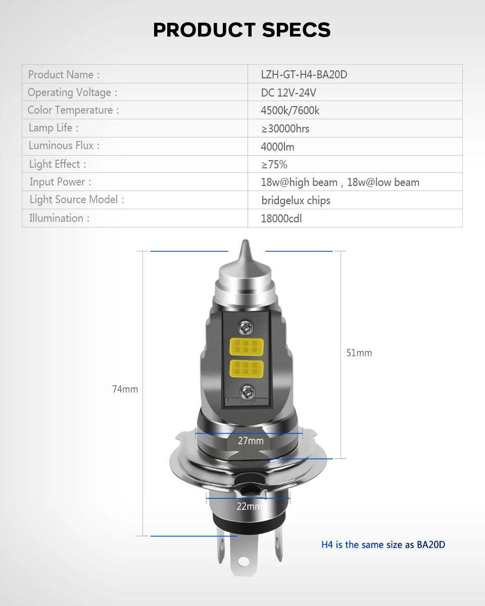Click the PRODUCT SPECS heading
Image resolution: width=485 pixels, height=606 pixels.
tap(242, 30)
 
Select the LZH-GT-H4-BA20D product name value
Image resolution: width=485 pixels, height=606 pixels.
tap(304, 74)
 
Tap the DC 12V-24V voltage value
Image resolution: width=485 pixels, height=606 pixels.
tap(288, 93)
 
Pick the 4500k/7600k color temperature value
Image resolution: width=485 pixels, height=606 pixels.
tap(290, 111)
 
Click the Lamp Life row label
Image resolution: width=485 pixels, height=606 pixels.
tap(54, 127)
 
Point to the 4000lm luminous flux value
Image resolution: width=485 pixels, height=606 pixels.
tap(277, 147)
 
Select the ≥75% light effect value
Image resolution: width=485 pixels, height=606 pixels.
tap(274, 165)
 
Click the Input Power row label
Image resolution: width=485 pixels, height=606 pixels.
tap(60, 182)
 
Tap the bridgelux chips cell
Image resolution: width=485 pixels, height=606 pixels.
tap(296, 201)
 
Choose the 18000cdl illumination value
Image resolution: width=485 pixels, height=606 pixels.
tap(281, 219)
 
